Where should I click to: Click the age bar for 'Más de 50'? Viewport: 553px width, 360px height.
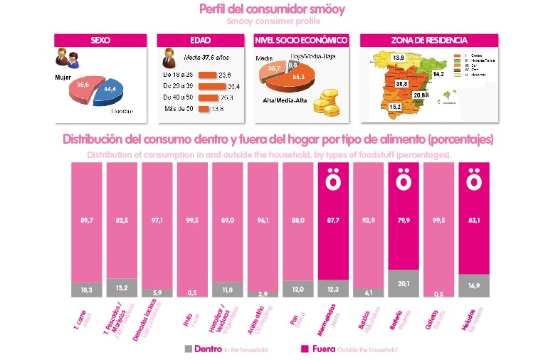(203, 109)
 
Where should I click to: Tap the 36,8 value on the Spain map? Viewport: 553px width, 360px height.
(401, 83)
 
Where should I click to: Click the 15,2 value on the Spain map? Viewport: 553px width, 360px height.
(395, 107)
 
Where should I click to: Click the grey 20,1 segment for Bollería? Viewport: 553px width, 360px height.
(403, 283)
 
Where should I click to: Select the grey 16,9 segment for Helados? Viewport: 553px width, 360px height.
(474, 285)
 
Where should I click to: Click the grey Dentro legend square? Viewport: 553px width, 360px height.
(188, 349)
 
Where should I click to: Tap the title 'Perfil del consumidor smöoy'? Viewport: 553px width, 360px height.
(274, 10)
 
